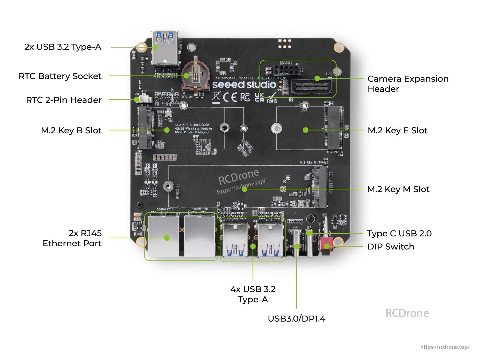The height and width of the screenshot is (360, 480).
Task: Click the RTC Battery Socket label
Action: tap(60, 76)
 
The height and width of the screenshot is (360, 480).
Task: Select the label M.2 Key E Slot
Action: tap(397, 130)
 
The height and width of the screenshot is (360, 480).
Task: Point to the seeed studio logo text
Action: tap(244, 85)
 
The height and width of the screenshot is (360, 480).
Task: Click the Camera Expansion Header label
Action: tap(408, 84)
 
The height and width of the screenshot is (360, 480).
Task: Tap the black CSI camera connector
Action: tap(311, 86)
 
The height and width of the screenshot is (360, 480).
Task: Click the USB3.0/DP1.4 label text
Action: tap(296, 319)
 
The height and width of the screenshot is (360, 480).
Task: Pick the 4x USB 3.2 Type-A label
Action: tap(253, 294)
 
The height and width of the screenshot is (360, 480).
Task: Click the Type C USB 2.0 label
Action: tap(399, 234)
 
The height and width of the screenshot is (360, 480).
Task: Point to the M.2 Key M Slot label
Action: tap(398, 189)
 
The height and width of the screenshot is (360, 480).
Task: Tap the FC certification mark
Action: tap(245, 97)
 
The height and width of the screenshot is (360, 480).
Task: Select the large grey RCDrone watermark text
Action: tap(407, 313)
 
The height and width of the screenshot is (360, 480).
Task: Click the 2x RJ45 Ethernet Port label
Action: tap(72, 238)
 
